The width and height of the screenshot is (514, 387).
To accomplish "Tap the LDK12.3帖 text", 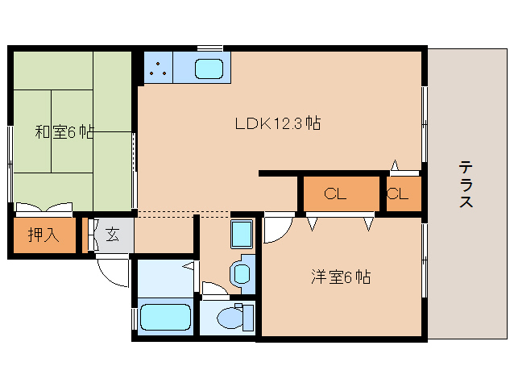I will tap(278, 123).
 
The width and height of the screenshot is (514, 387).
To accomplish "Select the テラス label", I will tap(466, 185).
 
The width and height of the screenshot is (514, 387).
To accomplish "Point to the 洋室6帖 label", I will tap(341, 277).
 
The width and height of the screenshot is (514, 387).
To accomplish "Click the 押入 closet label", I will tap(43, 235).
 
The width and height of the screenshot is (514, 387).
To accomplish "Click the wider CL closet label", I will tap(336, 193).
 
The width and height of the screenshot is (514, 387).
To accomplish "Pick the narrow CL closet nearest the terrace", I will tap(399, 193).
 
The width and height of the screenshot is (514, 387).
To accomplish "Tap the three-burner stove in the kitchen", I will tap(158, 69).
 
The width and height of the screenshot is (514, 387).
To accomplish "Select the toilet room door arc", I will tap(214, 287).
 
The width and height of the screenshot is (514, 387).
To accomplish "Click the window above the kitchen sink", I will tap(209, 48).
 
